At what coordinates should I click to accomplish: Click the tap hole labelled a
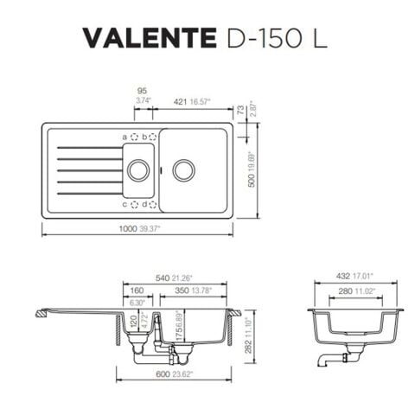(135, 137)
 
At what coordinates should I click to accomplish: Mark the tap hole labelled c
(135, 204)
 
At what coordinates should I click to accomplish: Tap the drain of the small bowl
(137, 170)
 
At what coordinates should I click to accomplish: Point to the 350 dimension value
(182, 290)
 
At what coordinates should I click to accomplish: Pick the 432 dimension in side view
(348, 278)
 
